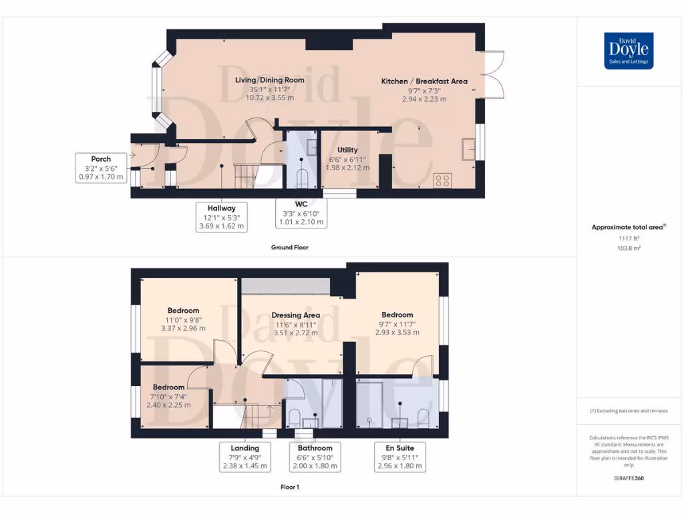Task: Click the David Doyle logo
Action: (x=628, y=51)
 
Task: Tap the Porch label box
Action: (x=101, y=168)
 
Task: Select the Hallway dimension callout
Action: (x=221, y=217)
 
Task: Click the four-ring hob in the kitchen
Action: (x=442, y=180)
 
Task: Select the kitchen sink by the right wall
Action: (x=470, y=148)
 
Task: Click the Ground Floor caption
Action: (x=289, y=247)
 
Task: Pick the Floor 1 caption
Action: (x=289, y=487)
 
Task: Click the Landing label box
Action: (x=244, y=457)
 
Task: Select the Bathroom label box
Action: (x=315, y=457)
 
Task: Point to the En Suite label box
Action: (x=400, y=457)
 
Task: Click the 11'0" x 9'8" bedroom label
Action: (x=183, y=319)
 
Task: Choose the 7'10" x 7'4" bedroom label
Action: (x=168, y=396)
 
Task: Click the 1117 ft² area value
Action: (x=628, y=238)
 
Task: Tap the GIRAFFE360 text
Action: (x=628, y=478)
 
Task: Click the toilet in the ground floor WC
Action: (x=301, y=178)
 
